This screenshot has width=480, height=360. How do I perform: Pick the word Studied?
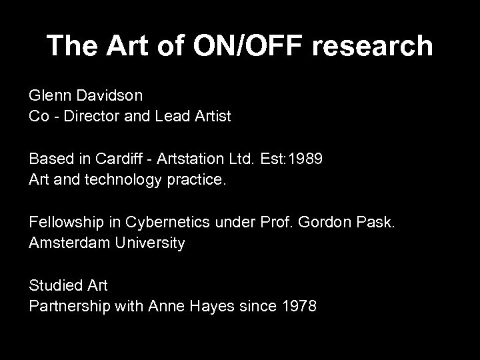[x=54, y=287]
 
